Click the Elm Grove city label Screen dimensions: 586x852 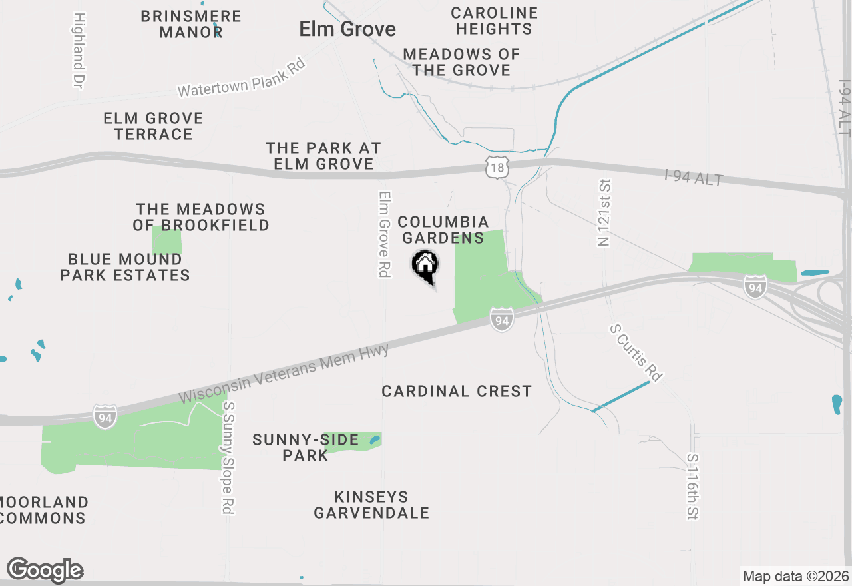347,29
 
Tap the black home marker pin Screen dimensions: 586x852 425,266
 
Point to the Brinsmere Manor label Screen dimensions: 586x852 191,24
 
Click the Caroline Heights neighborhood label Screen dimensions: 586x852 494,21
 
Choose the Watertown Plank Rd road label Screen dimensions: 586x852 242,78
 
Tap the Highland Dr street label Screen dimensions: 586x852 79,50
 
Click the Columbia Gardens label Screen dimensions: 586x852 443,230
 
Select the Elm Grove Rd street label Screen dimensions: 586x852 384,234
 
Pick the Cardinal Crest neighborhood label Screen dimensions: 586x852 457,391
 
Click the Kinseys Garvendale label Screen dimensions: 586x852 371,505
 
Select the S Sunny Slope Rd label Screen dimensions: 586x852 228,457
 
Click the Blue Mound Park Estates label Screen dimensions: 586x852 125,267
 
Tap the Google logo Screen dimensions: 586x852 45,570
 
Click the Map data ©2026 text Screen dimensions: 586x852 795,576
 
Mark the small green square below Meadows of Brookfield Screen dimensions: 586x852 166,240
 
